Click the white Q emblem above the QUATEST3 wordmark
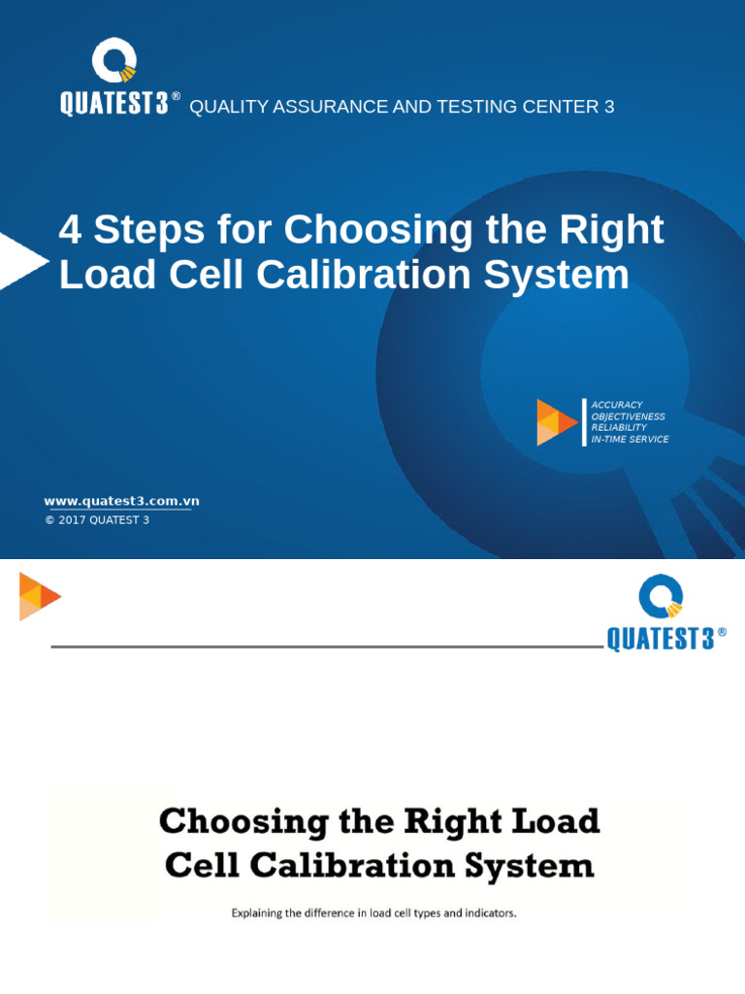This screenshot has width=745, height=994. (114, 63)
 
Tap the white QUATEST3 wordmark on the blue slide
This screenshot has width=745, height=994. (114, 105)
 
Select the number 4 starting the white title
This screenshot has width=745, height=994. (69, 231)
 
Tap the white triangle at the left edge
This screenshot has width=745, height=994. (19, 260)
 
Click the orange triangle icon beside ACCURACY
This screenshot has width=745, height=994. (556, 422)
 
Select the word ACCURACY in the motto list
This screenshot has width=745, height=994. (617, 405)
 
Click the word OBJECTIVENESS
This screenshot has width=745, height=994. (629, 416)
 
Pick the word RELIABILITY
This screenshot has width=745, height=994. (619, 428)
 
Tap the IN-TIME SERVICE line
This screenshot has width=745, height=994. (630, 440)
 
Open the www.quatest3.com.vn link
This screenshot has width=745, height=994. (121, 502)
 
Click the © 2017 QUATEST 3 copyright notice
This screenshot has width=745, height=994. (97, 520)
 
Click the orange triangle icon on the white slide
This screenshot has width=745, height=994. (38, 596)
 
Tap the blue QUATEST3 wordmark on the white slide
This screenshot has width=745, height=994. (661, 640)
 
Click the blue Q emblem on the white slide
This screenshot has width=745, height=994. (661, 597)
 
